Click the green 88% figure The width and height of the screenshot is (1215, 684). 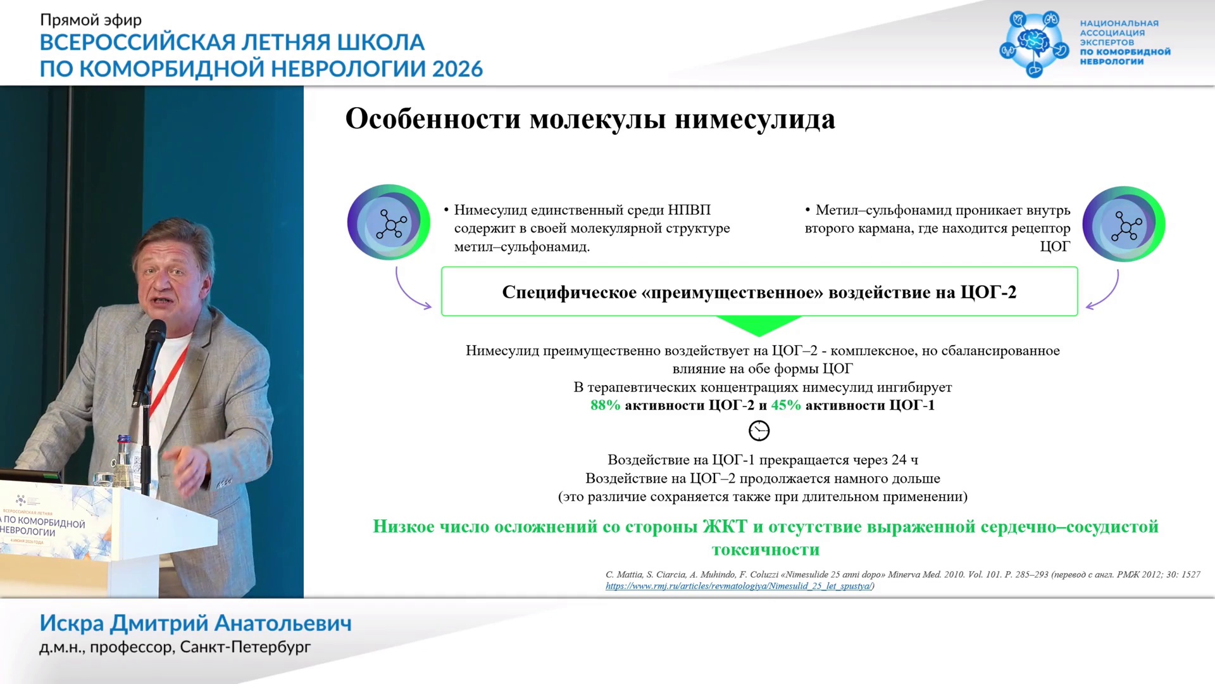(605, 405)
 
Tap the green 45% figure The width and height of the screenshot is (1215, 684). (786, 405)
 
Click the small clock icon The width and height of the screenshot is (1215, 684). (759, 431)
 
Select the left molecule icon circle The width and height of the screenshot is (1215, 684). (389, 222)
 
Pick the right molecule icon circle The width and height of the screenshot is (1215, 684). (1124, 224)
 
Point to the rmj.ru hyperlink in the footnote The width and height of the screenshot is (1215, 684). (738, 586)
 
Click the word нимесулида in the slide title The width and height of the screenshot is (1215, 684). (755, 119)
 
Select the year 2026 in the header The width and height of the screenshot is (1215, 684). (458, 68)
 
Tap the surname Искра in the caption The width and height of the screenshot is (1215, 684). (72, 624)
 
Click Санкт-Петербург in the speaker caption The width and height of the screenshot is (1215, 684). (246, 647)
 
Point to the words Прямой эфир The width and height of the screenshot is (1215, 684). (91, 20)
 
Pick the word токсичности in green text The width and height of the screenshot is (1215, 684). (766, 550)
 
